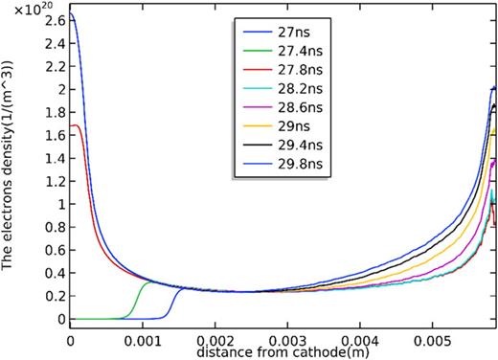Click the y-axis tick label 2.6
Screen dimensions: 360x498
tap(49, 20)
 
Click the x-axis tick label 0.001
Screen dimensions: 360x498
tap(142, 340)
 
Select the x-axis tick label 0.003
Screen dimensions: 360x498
tap(285, 340)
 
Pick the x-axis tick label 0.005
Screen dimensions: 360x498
tap(428, 340)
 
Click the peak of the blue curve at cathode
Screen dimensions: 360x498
tap(71, 14)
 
